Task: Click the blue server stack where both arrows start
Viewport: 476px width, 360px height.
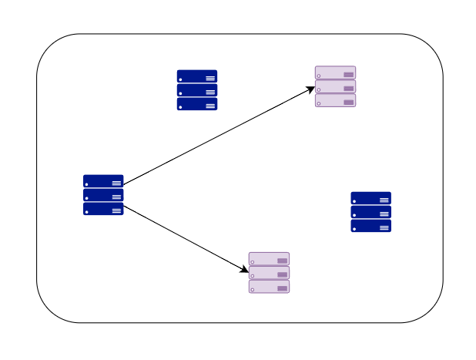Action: click(103, 195)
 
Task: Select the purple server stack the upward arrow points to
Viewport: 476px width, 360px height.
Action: click(335, 86)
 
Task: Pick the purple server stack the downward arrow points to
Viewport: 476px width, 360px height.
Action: click(269, 273)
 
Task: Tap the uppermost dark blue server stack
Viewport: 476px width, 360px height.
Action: click(197, 90)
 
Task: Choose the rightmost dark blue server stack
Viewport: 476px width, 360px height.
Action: click(370, 212)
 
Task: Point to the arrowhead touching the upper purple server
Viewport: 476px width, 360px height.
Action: click(311, 89)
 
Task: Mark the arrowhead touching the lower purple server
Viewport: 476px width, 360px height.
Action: click(245, 271)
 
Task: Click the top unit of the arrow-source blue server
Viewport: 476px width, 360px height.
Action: click(103, 181)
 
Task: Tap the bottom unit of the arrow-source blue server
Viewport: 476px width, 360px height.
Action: click(103, 209)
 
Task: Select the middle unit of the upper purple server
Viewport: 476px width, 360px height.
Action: click(335, 86)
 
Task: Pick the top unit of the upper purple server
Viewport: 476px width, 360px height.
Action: click(335, 72)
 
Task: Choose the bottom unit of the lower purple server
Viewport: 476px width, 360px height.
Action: click(269, 287)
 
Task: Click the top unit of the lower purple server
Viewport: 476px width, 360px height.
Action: click(269, 259)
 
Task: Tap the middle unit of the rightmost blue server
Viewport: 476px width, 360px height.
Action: click(370, 212)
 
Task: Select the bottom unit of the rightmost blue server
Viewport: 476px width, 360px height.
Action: click(370, 226)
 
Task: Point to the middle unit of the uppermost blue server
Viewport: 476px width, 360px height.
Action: click(197, 90)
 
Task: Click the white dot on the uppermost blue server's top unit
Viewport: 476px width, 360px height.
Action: click(181, 79)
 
